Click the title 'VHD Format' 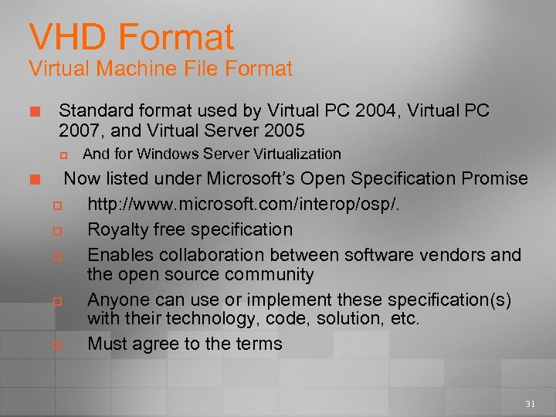[x=131, y=36]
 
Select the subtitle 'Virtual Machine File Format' [x=161, y=69]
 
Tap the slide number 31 [x=530, y=404]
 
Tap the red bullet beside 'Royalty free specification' [x=56, y=231]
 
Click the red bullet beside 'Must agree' [x=56, y=345]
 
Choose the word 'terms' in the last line [x=259, y=344]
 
